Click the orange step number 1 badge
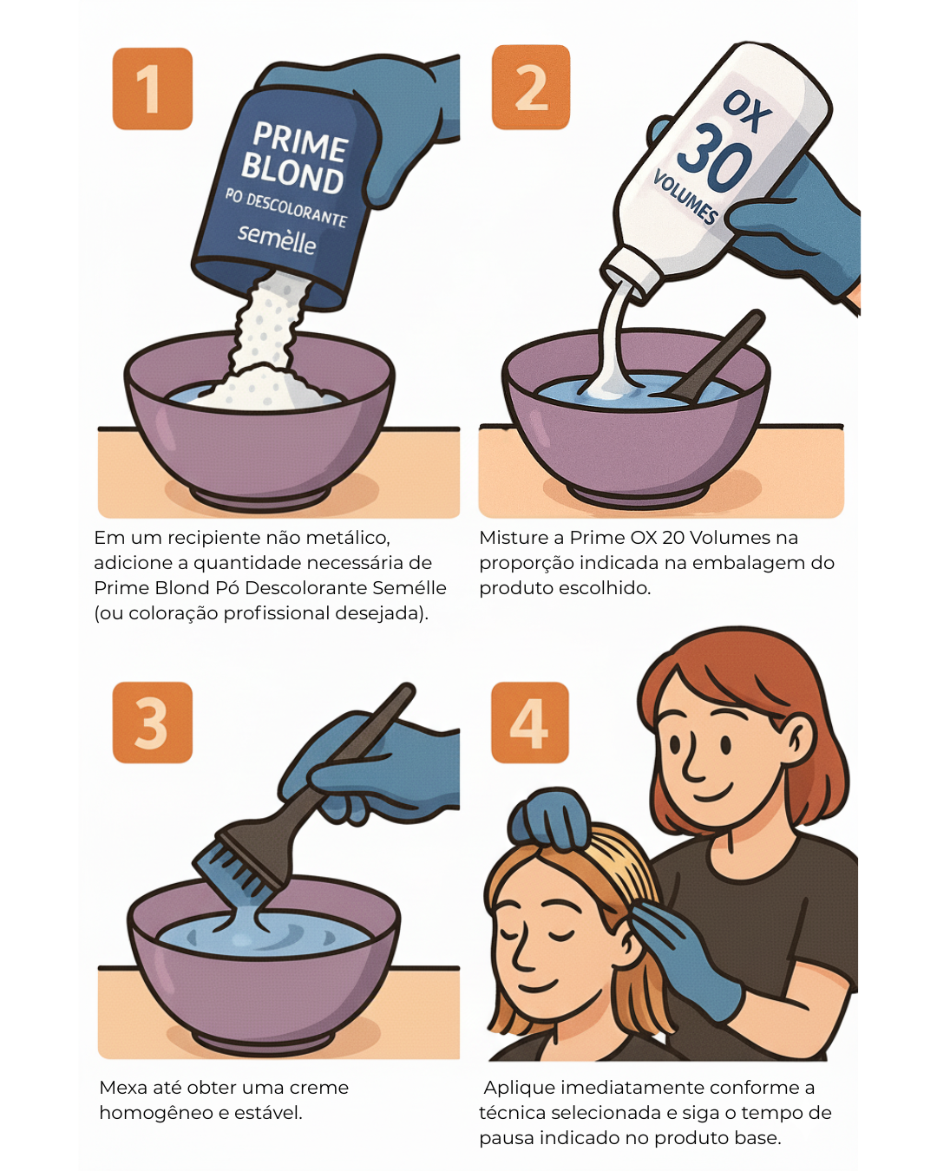click(x=153, y=88)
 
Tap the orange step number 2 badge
click(x=531, y=87)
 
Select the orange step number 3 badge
click(x=153, y=722)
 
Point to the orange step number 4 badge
click(x=530, y=722)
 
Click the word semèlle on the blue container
click(x=277, y=239)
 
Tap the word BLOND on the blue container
click(x=292, y=173)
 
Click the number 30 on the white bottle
click(x=714, y=158)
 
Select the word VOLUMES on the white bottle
click(x=685, y=197)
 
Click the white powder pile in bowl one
click(x=261, y=383)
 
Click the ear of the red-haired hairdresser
click(x=798, y=740)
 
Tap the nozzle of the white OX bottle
click(x=626, y=275)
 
